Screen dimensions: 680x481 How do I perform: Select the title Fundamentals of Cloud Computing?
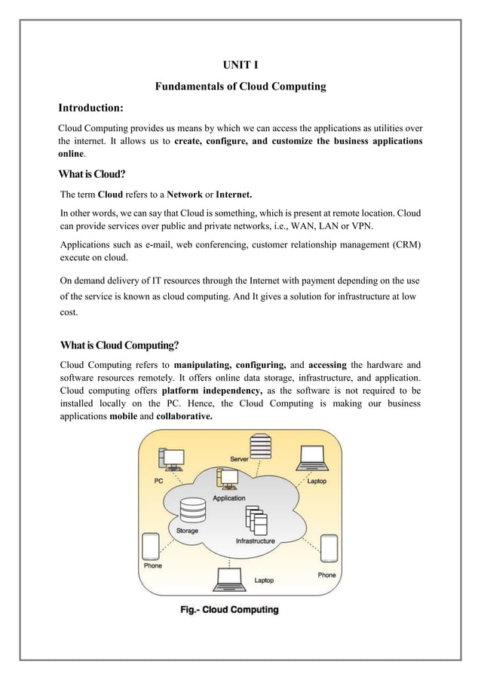(x=240, y=87)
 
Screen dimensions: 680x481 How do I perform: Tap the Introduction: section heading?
(x=91, y=109)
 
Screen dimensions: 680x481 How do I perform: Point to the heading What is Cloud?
(x=92, y=174)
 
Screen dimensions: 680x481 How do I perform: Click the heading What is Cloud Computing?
(x=118, y=346)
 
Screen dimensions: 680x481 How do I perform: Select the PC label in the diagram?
(x=158, y=480)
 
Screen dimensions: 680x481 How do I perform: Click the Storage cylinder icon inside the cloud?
(x=188, y=514)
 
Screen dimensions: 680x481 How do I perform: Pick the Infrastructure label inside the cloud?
(x=255, y=541)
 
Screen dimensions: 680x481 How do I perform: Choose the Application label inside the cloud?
(x=228, y=498)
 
